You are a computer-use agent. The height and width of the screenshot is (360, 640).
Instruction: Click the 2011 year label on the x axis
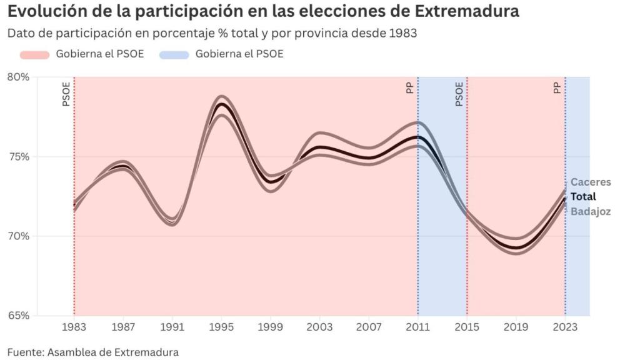(417, 326)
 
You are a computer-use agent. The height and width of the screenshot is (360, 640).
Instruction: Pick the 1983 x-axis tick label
(74, 326)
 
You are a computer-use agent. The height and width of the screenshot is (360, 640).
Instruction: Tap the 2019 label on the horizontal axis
(516, 326)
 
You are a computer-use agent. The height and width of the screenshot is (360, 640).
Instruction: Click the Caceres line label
(591, 182)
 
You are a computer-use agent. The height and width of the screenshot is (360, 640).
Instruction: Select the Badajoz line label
(591, 211)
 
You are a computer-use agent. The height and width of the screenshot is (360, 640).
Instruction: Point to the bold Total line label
(584, 197)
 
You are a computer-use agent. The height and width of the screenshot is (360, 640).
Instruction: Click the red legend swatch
(34, 54)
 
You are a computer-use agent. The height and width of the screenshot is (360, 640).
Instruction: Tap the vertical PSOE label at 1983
(66, 94)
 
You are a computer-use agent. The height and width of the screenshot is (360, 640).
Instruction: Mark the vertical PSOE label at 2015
(459, 94)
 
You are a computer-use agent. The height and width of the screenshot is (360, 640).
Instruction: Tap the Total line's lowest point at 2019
(516, 248)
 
